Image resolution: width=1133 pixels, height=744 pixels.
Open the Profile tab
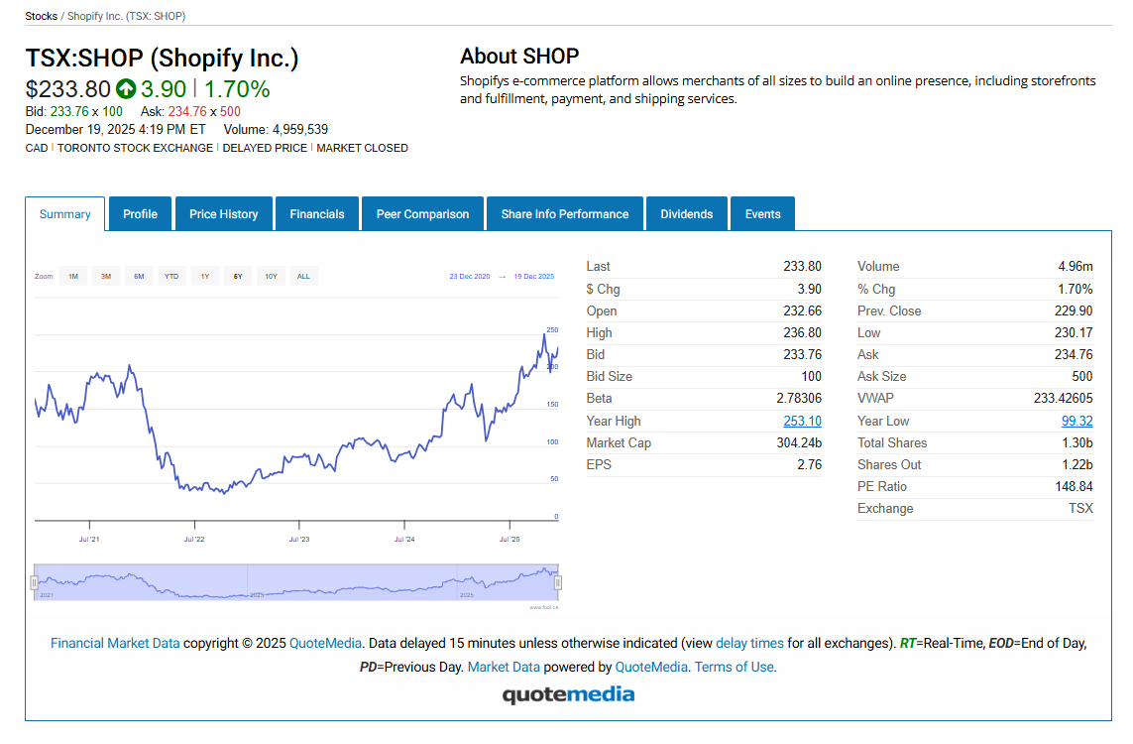pos(140,214)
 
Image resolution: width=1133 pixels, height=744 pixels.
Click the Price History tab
pos(223,214)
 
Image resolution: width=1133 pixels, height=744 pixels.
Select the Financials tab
pos(317,214)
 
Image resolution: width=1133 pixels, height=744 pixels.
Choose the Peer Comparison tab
pos(422,214)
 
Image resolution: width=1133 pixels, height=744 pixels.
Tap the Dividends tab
pos(686,214)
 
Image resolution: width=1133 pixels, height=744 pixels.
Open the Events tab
pos(762,214)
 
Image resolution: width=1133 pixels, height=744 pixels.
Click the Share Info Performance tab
pos(564,214)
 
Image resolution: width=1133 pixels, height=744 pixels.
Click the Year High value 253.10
pos(802,421)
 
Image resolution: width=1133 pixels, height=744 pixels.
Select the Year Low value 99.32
pos(1076,421)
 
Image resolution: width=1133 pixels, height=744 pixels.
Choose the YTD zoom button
pos(171,277)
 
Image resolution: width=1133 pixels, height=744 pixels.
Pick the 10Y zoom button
pos(271,277)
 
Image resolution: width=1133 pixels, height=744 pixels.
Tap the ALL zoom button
pos(303,277)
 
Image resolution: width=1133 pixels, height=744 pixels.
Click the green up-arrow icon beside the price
pos(126,89)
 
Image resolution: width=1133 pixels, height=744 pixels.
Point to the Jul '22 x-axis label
pos(194,540)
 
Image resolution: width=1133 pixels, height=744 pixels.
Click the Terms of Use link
pos(734,667)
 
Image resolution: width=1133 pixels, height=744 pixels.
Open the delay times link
pos(749,643)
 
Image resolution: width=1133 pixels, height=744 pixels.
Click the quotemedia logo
pos(568,694)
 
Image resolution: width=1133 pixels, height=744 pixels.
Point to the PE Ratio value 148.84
pos(1074,487)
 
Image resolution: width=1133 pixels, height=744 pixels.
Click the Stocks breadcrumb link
pos(41,16)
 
